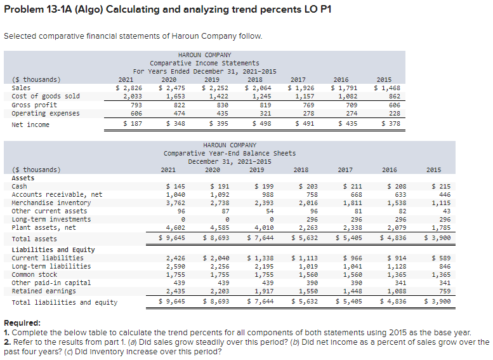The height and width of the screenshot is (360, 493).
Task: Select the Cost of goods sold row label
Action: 46,96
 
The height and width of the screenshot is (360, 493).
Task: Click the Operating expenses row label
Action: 46,113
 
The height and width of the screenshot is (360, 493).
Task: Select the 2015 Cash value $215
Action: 435,186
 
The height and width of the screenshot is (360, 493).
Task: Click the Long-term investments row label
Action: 51,219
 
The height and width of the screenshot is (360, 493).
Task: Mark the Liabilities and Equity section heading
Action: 53,250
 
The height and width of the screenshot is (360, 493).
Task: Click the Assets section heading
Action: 23,178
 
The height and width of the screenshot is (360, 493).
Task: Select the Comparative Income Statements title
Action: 204,63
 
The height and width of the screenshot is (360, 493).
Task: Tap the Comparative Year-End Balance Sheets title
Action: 229,153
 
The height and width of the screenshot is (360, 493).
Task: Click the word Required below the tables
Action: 23,323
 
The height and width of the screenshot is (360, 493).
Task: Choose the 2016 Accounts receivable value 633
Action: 395,194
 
